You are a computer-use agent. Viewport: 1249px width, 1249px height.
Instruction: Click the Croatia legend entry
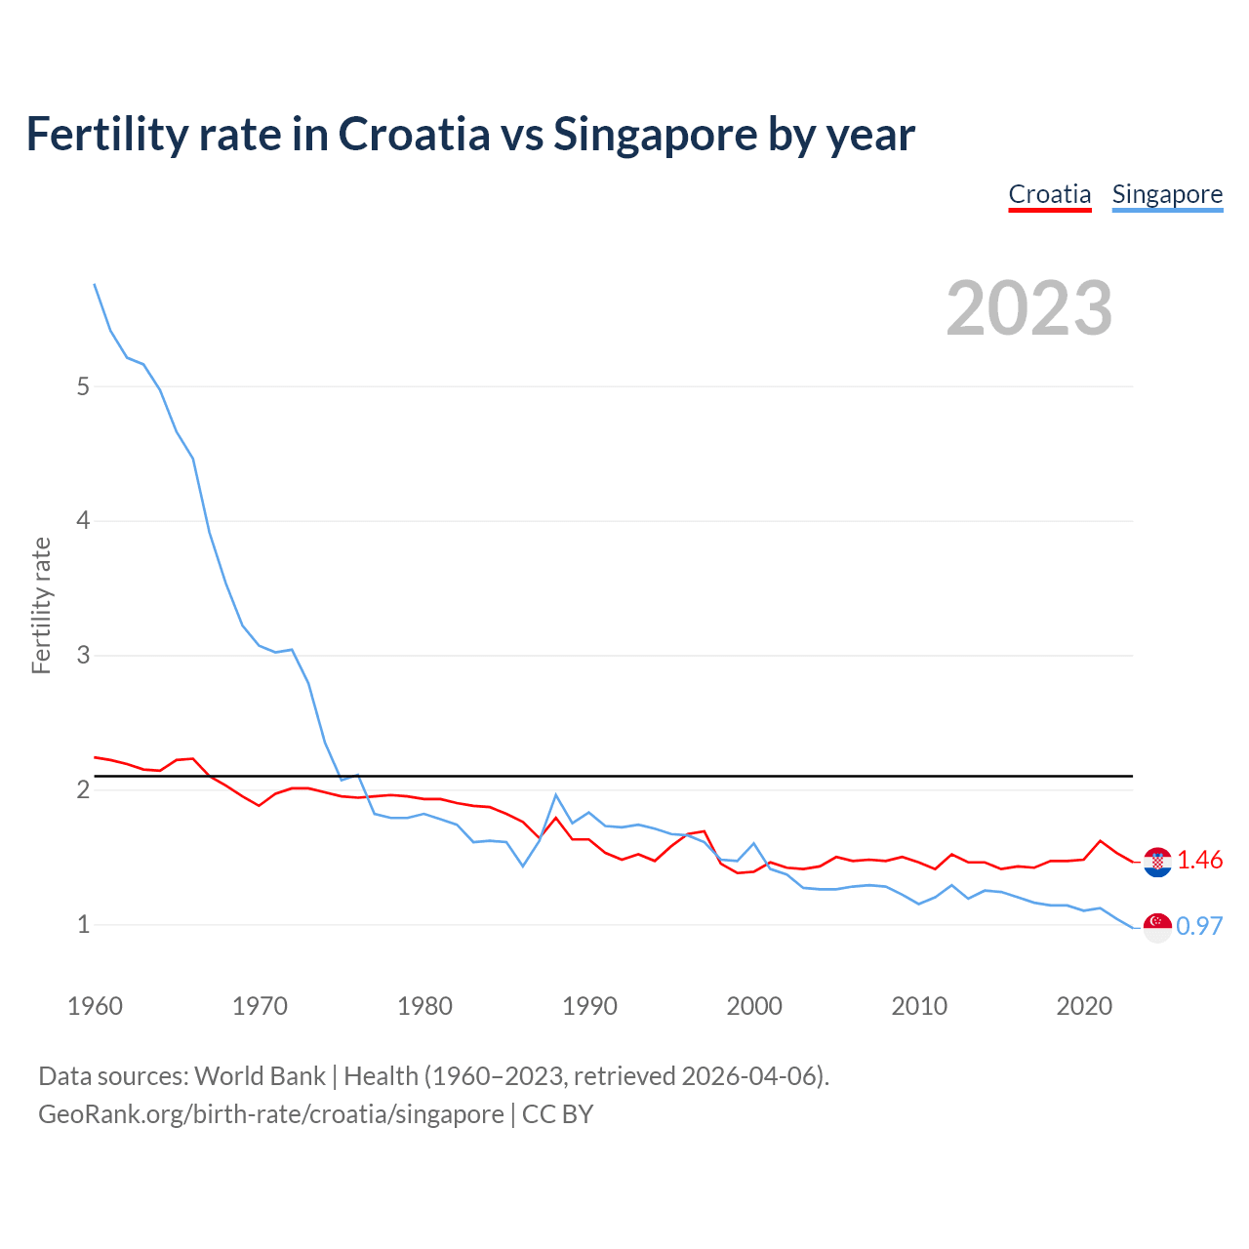point(1049,194)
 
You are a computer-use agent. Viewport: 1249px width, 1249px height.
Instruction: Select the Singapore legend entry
point(1167,194)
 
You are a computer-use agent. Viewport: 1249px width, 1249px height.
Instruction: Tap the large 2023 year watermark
point(1028,308)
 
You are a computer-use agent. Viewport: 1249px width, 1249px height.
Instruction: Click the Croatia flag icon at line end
point(1157,862)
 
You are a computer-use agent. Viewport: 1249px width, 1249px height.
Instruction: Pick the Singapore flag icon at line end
point(1157,927)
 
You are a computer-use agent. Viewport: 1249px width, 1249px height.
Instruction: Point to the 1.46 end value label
point(1199,860)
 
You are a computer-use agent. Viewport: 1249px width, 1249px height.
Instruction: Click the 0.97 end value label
point(1199,926)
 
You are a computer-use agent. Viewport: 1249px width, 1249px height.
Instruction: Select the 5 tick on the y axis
point(83,386)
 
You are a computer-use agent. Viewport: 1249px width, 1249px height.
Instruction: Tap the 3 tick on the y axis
point(83,655)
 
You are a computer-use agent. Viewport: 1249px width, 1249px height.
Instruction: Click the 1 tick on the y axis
point(83,924)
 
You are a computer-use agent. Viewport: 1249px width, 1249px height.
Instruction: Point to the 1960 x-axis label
point(95,1006)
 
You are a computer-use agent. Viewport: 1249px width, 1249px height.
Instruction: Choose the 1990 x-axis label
point(589,1006)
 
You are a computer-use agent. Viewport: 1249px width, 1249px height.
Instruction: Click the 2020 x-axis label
point(1084,1006)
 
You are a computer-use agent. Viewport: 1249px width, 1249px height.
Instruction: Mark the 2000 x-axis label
point(754,1006)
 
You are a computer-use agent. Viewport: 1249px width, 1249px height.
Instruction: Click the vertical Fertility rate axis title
point(41,605)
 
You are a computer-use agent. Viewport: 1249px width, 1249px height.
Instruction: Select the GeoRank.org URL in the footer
point(270,1114)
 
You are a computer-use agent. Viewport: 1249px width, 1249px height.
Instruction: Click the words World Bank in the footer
point(260,1076)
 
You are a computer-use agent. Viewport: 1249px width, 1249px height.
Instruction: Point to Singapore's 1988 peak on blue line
point(555,794)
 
